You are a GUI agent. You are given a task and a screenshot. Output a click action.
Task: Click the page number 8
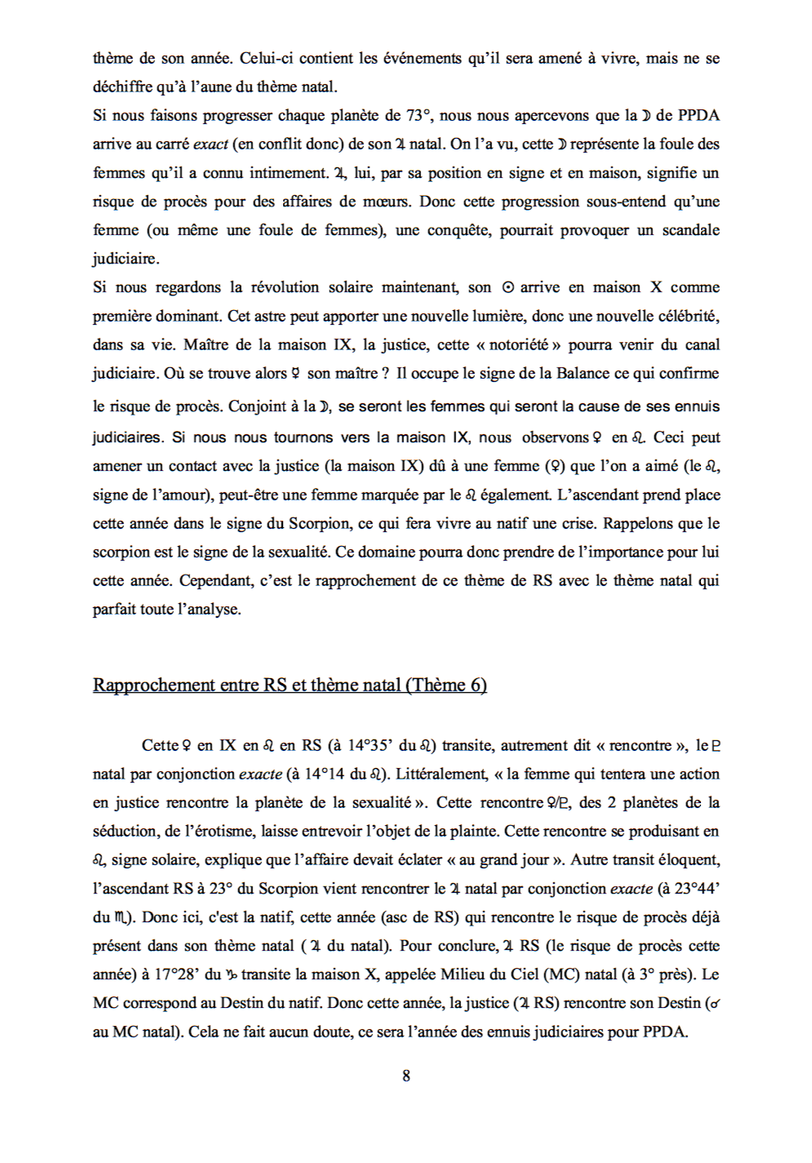406,1076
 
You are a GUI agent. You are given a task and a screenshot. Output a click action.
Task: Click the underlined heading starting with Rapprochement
290,685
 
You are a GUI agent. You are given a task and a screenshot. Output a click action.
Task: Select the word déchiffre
122,87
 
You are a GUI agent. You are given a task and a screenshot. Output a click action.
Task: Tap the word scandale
690,230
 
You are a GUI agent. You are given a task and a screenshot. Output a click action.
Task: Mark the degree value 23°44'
697,888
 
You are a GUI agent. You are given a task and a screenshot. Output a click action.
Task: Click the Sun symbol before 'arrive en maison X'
508,287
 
